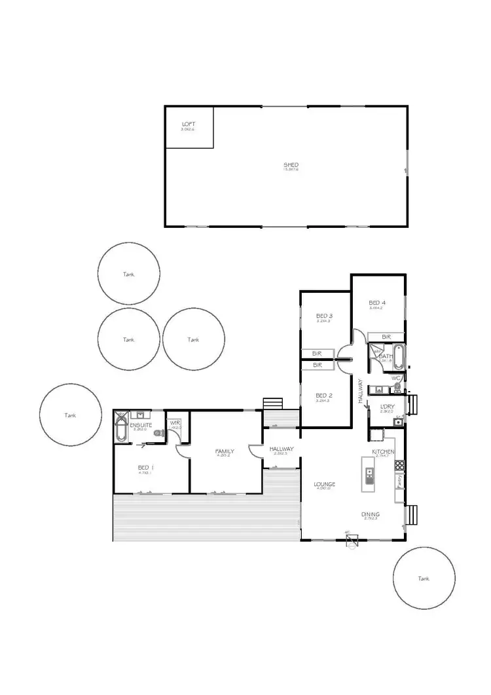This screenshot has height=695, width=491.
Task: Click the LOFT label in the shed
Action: coord(188,124)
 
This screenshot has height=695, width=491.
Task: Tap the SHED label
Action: coord(291,164)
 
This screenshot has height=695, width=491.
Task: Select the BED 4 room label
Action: coord(377,303)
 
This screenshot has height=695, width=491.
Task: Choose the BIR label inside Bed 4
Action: coord(386,337)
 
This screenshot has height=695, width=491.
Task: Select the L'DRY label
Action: coord(387,407)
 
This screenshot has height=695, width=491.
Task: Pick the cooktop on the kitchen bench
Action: coord(399,466)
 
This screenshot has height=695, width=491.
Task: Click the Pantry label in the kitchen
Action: coord(399,482)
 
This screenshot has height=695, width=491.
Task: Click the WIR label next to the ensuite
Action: coord(175,423)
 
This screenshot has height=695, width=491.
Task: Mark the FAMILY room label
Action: coord(225,451)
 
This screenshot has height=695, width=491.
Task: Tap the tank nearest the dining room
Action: coord(424,578)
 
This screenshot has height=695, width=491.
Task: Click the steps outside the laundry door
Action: coord(412,405)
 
